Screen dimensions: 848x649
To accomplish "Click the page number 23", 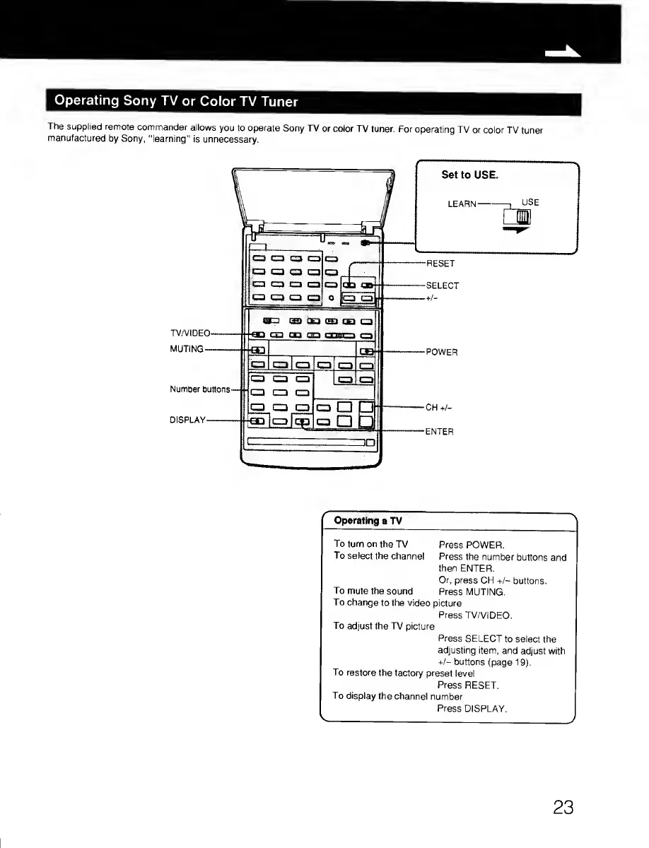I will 563,808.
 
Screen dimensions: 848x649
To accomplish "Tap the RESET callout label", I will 440,264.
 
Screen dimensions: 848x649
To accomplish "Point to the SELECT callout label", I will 443,286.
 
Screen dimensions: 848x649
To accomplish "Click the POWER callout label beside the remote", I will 442,352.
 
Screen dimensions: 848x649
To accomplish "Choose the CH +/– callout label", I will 439,408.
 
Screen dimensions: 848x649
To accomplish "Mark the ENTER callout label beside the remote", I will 439,431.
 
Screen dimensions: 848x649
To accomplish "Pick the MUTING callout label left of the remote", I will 187,349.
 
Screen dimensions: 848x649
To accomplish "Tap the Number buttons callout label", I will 200,389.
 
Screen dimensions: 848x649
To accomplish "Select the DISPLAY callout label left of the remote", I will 187,420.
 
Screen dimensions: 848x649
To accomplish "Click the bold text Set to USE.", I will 465,175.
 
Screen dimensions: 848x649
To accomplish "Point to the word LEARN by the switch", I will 462,204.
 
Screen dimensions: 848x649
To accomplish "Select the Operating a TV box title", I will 368,521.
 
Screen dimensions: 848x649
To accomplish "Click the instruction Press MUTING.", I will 471,591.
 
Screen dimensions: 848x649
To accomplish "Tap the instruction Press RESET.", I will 468,685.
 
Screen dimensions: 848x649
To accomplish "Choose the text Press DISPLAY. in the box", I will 472,708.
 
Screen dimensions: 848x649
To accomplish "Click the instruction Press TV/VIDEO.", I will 475,615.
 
